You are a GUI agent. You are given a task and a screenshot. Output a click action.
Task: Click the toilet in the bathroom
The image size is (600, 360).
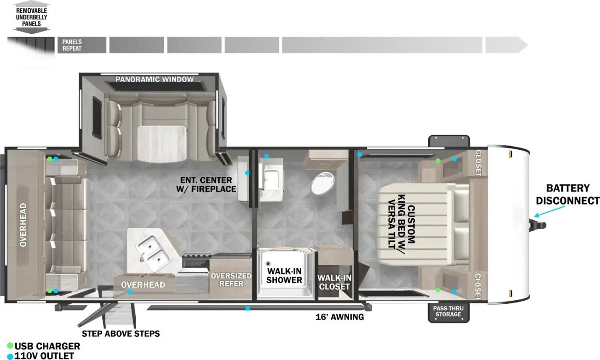323,184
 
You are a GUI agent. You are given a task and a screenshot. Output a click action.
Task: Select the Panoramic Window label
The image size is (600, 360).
155,79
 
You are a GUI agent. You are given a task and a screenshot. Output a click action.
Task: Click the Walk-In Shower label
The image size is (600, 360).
284,275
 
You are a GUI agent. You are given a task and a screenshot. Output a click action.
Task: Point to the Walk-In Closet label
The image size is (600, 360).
334,282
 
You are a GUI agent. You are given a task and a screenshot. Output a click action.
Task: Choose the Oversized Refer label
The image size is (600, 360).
231,279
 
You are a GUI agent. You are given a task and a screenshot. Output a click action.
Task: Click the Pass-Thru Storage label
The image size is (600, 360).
448,311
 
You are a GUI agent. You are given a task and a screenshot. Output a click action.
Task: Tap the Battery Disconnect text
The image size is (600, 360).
567,194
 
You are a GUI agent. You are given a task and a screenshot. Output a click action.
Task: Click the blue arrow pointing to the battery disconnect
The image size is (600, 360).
549,211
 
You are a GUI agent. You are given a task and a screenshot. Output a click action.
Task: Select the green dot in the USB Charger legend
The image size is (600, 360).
10,346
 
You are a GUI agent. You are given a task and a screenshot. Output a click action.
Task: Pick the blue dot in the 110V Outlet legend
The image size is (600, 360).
10,356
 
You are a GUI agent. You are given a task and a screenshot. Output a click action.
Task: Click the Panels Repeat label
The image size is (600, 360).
72,45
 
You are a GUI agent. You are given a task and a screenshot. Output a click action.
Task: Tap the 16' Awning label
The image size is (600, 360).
340,317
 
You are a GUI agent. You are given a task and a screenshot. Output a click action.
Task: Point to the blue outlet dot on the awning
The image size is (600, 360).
248,309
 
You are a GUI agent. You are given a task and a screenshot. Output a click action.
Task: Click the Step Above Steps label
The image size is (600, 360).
120,334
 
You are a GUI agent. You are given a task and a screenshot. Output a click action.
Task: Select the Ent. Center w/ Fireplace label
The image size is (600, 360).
206,184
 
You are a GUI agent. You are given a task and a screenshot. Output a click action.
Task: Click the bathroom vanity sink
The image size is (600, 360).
271,178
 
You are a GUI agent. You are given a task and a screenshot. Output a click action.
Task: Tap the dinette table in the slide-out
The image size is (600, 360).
162,144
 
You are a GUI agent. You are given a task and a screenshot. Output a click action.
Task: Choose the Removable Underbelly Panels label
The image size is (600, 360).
31,17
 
